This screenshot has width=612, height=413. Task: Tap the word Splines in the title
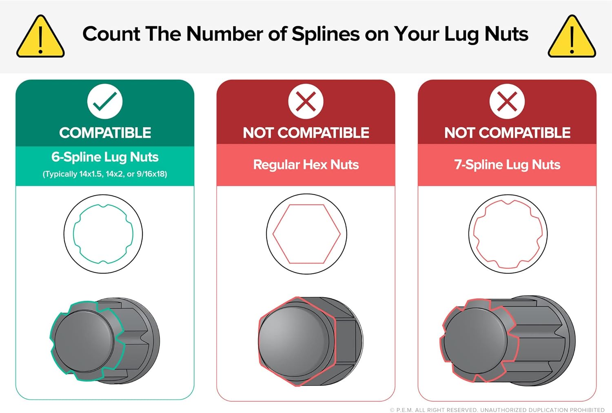coord(326,35)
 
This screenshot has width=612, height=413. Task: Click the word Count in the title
coord(111,34)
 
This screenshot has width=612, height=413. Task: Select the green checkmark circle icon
coord(105,101)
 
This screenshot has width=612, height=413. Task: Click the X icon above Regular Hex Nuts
coord(306,101)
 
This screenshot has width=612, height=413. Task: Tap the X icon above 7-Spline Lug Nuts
coord(507,101)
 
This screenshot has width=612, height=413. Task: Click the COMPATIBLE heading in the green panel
coord(105,133)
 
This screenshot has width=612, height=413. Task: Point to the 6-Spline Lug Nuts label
coord(105,157)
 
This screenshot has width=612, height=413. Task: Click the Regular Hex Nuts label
coord(306,164)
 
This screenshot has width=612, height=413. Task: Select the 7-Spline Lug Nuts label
coord(508,165)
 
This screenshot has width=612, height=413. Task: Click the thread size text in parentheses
coord(105,174)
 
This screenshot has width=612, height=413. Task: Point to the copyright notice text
coord(497,410)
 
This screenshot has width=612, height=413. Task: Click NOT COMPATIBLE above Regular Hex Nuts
coord(306,133)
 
